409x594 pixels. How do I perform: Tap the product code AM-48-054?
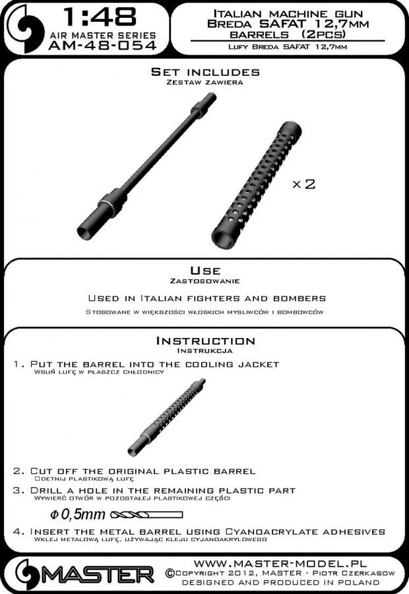click(x=102, y=46)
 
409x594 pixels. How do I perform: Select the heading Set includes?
click(x=205, y=72)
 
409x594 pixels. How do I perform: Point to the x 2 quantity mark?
click(x=303, y=183)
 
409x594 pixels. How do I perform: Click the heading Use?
click(x=204, y=271)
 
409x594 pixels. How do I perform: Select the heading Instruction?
click(x=204, y=341)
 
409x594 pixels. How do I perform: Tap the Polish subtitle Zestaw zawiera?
click(x=204, y=82)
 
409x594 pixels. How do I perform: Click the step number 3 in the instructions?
click(x=18, y=491)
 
